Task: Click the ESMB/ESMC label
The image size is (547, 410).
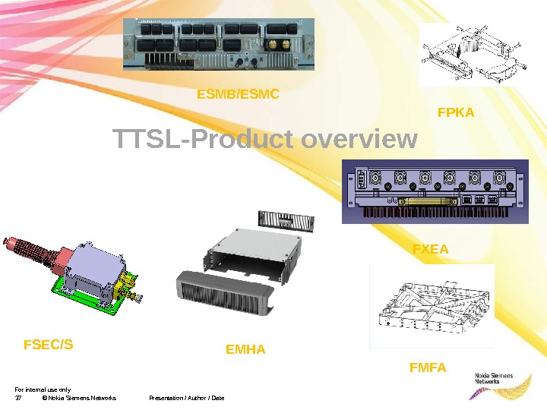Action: pos(238,95)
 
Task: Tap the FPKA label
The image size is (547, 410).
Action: pos(456,112)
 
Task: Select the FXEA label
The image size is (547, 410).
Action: pos(430,248)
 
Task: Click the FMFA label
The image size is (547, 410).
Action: pos(428,368)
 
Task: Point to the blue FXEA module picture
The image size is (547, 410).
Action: pos(434,191)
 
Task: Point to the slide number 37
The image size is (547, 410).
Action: pos(18,398)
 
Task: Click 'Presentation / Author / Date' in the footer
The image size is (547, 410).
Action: pos(186,398)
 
